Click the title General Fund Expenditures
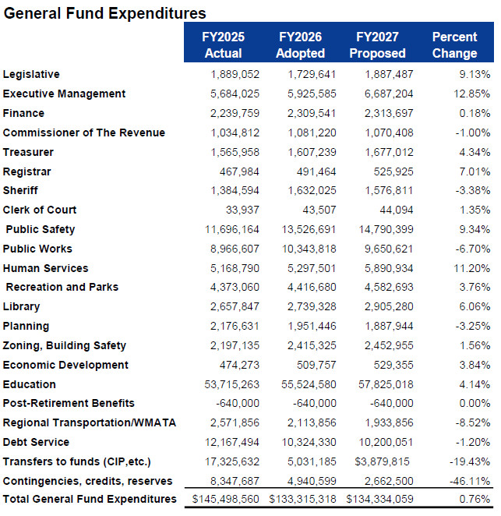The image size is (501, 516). tap(105, 13)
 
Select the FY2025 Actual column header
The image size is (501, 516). tap(223, 45)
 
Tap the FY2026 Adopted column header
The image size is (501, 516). tap(300, 45)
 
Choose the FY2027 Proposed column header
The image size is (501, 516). tap(377, 45)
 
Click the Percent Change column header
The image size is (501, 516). tap(454, 45)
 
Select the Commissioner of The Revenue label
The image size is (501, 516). tap(84, 133)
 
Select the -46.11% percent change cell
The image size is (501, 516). tap(465, 481)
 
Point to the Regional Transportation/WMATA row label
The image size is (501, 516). tap(90, 423)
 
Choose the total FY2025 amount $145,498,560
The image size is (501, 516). tap(223, 500)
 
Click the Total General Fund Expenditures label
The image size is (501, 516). tap(90, 500)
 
